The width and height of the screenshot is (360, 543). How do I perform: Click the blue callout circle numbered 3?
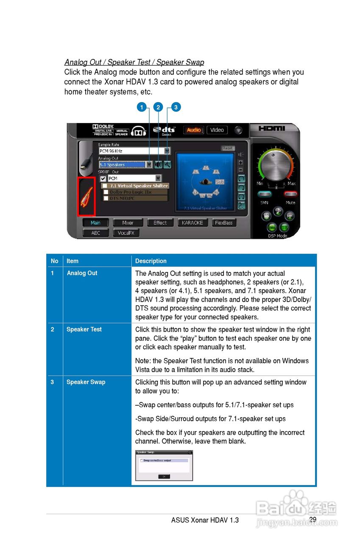(x=176, y=107)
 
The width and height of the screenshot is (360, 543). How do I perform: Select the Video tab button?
(x=217, y=130)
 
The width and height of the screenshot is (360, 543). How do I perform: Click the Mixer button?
(x=128, y=223)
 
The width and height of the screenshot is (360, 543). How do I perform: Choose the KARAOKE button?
(x=193, y=223)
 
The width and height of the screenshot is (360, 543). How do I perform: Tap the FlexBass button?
(x=223, y=223)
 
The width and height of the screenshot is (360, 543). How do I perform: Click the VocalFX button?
(x=126, y=233)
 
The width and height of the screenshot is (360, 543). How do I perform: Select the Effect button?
(x=160, y=223)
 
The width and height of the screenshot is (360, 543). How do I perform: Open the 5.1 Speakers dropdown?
(x=149, y=165)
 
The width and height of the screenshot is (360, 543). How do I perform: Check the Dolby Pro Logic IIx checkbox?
(x=106, y=192)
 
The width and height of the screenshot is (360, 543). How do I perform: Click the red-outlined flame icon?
(x=87, y=196)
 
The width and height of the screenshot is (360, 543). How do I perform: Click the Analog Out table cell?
(x=82, y=273)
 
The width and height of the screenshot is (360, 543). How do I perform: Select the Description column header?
(x=151, y=261)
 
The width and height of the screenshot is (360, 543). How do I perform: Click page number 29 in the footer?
(x=313, y=520)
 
